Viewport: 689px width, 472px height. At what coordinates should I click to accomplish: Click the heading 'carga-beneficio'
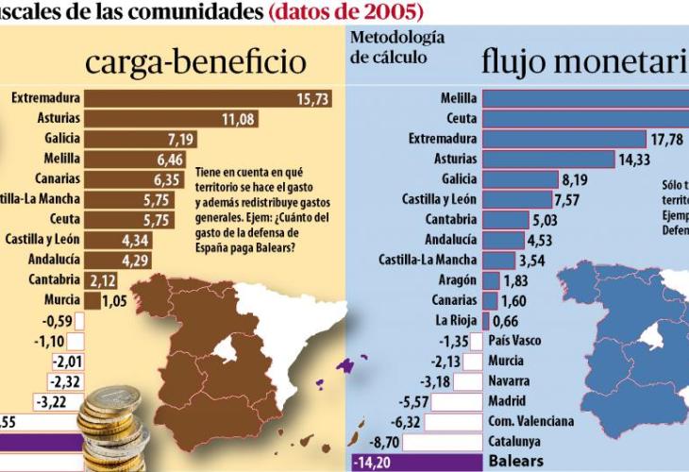(196, 63)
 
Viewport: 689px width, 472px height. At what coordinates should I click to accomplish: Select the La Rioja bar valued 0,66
(485, 320)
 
